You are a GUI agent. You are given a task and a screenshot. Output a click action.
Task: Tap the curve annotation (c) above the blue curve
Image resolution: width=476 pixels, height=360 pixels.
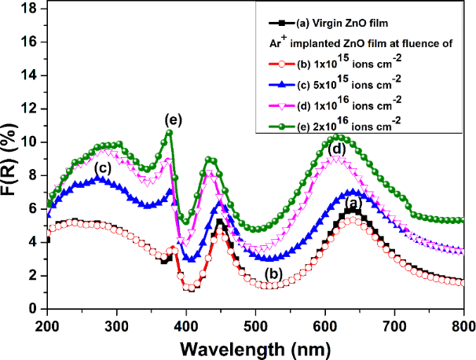pos(102,167)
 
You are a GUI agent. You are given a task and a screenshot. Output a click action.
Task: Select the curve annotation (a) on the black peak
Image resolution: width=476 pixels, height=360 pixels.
pos(353,204)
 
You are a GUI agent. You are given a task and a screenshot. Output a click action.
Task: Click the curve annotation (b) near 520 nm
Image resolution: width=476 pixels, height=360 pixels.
pos(273,274)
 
